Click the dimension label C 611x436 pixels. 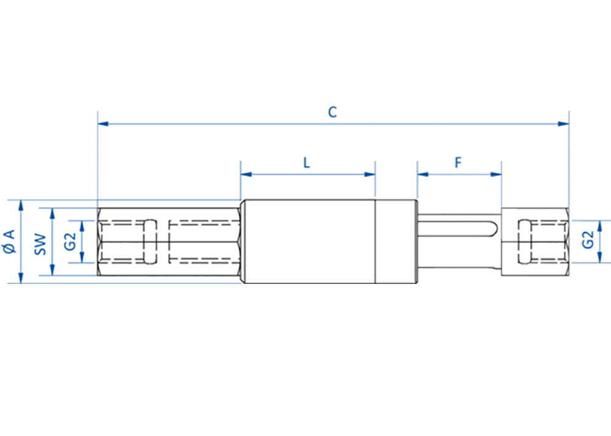332,112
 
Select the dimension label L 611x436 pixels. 307,162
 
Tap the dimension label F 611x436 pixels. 458,162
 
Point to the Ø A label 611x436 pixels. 9,241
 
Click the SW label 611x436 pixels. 40,244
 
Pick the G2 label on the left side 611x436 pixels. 70,242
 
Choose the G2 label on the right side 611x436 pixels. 588,240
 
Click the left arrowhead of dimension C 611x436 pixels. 103,124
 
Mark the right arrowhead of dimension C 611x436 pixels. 563,124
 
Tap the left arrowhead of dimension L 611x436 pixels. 246,175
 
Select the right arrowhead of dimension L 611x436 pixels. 370,175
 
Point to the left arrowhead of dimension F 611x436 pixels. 423,175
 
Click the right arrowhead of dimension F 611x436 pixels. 496,175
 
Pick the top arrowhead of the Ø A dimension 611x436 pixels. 21,206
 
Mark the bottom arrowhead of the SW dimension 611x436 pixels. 52,270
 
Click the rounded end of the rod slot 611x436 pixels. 494,228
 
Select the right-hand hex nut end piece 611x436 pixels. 535,242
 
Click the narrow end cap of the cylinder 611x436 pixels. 397,241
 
